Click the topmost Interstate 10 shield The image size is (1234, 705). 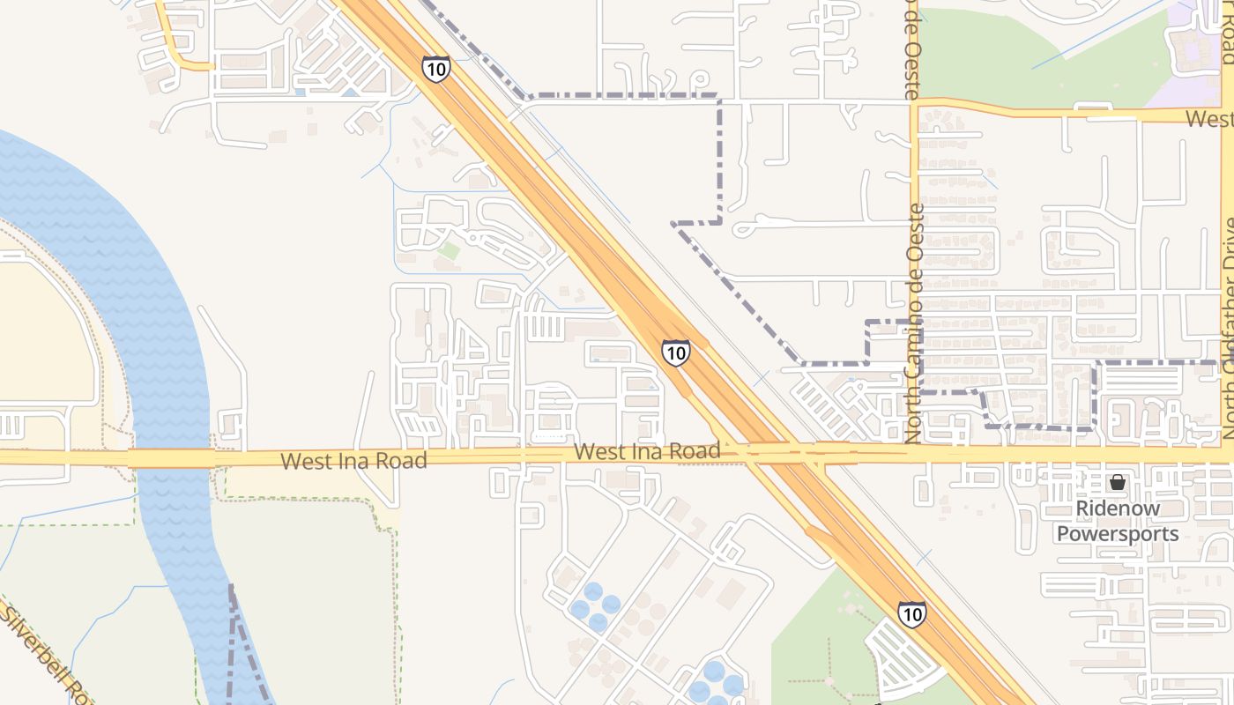pos(435,69)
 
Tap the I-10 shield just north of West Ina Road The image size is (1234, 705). pos(676,353)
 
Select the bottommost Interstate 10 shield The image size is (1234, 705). pos(912,613)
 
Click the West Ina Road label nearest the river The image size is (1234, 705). pos(353,460)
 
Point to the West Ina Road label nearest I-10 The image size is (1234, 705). pos(647,451)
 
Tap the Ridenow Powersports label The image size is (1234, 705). pos(1118,521)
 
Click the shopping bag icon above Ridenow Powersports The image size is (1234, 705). pos(1118,482)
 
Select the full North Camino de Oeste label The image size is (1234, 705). pos(914,323)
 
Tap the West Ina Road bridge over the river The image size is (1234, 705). pos(172,458)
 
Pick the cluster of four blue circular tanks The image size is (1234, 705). pos(595,607)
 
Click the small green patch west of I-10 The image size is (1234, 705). pos(449,250)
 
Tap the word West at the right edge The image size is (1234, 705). pos(1208,118)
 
